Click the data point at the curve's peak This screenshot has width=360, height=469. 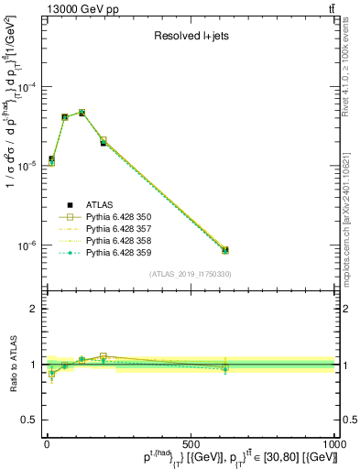click(82, 113)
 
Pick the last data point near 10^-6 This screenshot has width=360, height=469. click(224, 249)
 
